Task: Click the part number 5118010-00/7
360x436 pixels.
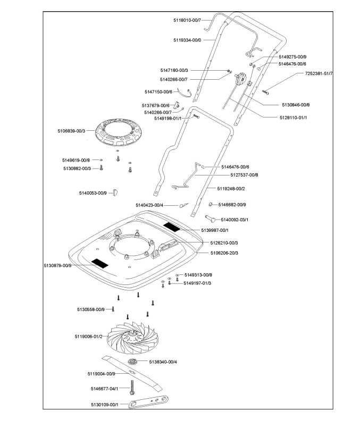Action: [x=187, y=20]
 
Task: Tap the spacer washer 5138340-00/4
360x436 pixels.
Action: [x=132, y=362]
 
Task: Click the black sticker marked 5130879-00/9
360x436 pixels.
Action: [x=99, y=263]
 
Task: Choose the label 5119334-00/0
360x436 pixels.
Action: [x=187, y=40]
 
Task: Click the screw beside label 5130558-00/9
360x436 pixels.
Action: [x=113, y=309]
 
